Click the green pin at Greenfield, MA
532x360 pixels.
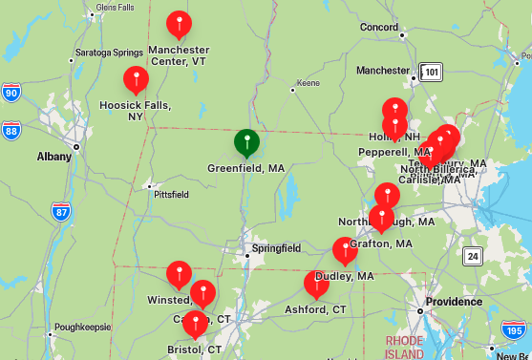tap(246, 142)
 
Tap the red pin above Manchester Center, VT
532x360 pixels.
tap(179, 24)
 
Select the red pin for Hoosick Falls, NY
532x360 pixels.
tap(137, 79)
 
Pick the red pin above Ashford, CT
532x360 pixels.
tap(316, 284)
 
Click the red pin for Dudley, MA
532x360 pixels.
tap(345, 250)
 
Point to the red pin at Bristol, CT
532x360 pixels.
tap(195, 324)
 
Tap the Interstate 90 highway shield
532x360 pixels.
tap(11, 93)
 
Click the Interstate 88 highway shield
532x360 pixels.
tap(11, 129)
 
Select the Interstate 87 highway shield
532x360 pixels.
tap(61, 212)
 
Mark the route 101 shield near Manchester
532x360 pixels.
tap(432, 72)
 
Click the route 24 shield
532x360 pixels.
tap(473, 256)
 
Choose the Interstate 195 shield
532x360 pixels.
tap(514, 330)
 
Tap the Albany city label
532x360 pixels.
tap(53, 156)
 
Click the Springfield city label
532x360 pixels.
tap(276, 248)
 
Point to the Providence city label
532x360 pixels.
tap(454, 302)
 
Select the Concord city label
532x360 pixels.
tap(379, 28)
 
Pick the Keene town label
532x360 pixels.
tap(309, 83)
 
